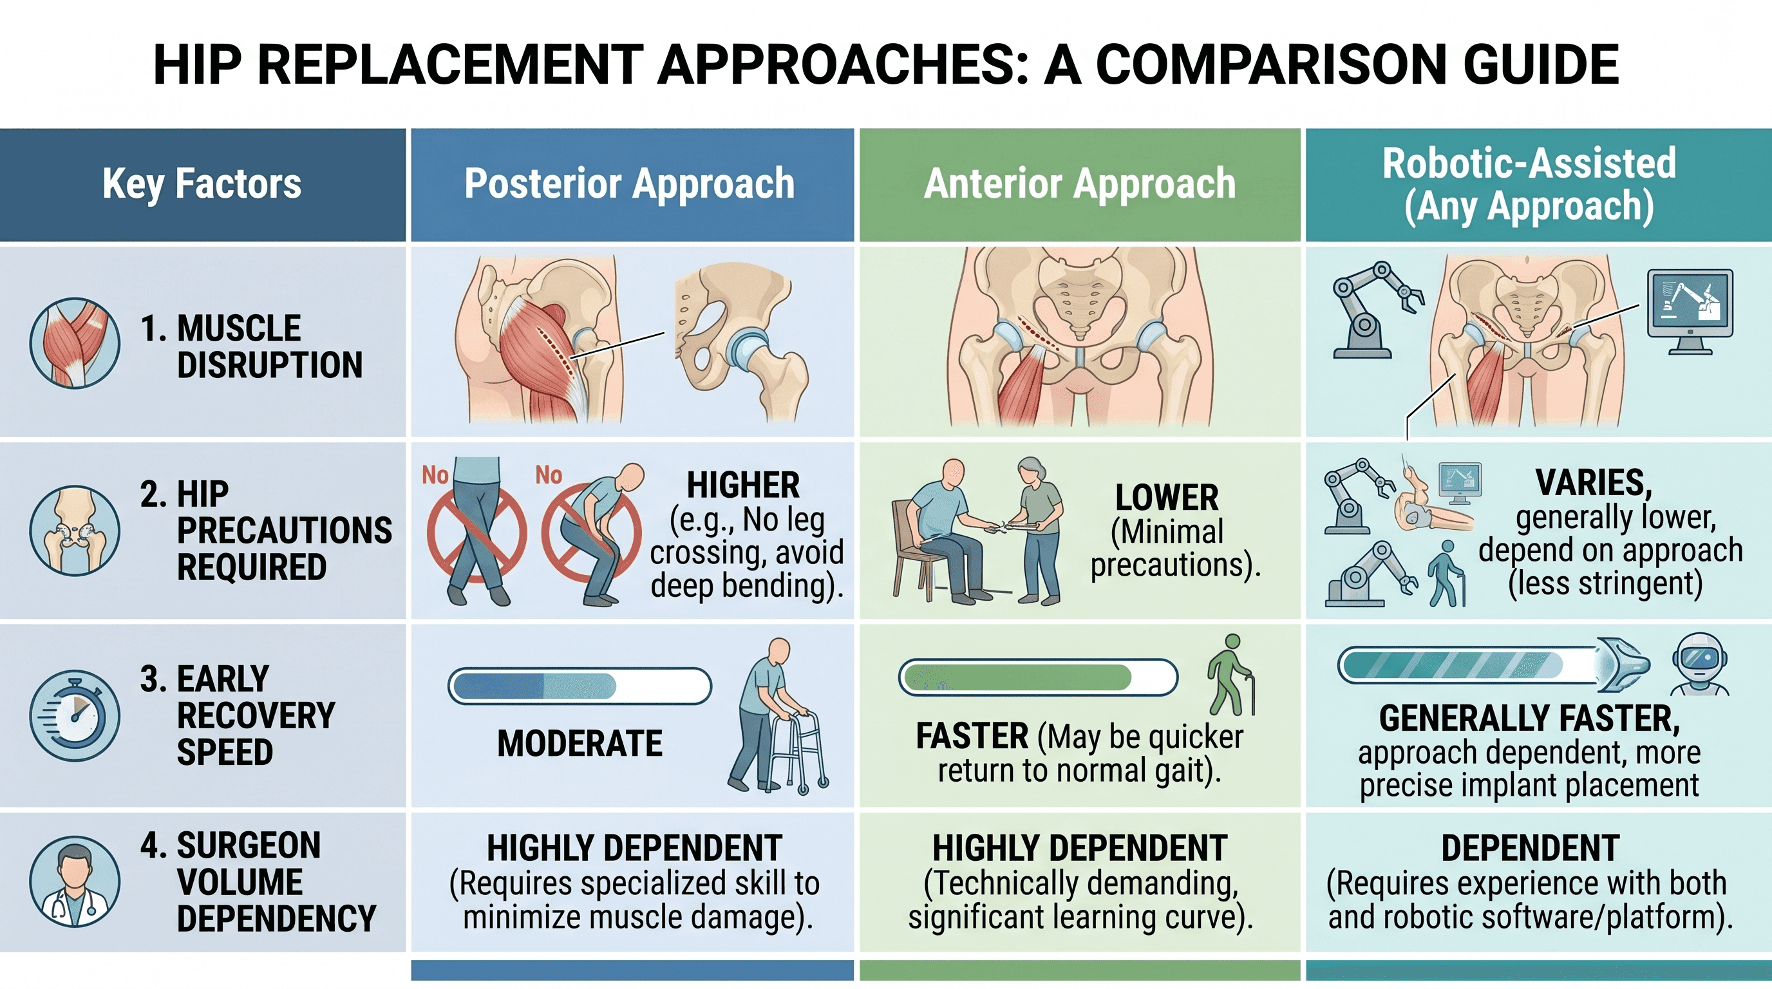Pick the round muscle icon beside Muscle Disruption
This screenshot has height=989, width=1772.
tap(75, 343)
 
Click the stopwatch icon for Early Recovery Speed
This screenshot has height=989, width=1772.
tap(75, 716)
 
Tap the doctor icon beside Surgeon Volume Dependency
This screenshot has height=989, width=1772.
tap(75, 881)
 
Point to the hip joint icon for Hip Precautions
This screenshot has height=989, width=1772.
tap(75, 531)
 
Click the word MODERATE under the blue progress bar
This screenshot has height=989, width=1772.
tap(580, 744)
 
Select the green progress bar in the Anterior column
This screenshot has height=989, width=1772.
tap(1038, 677)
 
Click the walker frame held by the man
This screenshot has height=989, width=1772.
tap(798, 753)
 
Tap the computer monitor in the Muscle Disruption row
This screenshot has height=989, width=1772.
tap(1690, 310)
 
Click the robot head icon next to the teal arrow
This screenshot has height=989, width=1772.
tap(1700, 664)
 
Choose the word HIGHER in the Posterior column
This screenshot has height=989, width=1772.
tap(743, 485)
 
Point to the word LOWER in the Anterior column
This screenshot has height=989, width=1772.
tap(1167, 497)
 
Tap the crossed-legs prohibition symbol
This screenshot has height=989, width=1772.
tap(476, 534)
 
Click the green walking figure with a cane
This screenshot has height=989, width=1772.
tap(1230, 675)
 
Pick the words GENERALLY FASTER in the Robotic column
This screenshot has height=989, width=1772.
tap(1529, 719)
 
